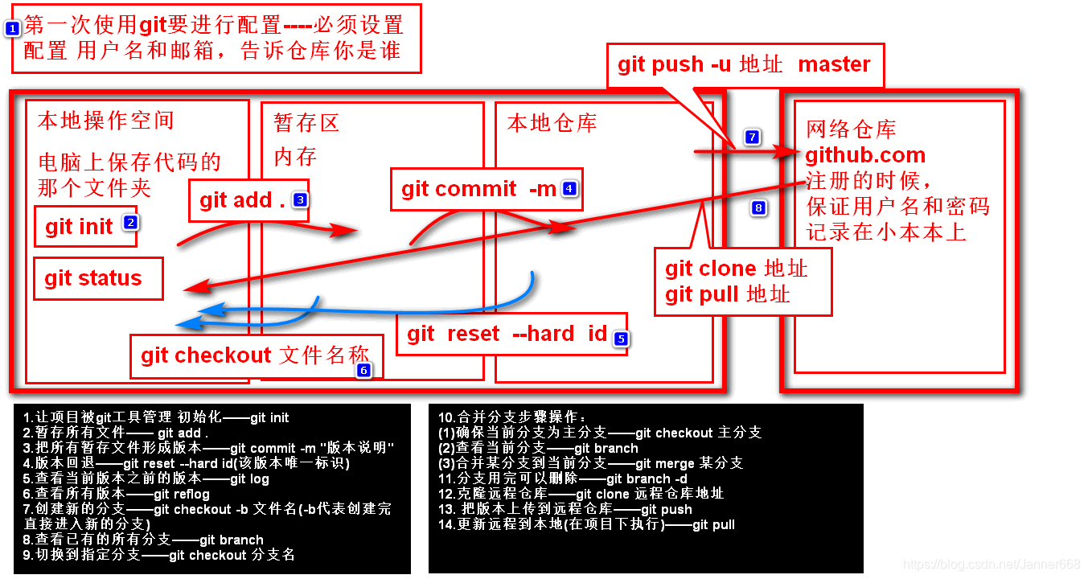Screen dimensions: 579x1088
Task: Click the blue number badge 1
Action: tap(12, 28)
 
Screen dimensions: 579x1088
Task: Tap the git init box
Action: tap(85, 227)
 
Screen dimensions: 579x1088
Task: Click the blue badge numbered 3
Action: tap(300, 199)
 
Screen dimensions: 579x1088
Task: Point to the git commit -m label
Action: tap(478, 189)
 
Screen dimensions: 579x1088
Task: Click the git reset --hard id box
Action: tap(511, 334)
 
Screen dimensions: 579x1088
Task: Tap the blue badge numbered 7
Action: tap(752, 138)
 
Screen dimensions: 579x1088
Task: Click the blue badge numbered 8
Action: tap(758, 208)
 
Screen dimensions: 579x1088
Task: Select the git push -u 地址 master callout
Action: tap(744, 65)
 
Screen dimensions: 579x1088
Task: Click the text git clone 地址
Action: tap(736, 269)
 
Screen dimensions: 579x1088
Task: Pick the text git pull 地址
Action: tap(727, 294)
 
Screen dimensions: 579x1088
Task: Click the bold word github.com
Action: tap(865, 156)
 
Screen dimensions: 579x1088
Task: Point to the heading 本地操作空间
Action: tap(105, 121)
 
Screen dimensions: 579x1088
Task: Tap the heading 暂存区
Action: tap(306, 123)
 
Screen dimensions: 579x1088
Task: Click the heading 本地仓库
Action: tap(552, 123)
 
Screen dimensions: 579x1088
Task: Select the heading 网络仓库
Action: tap(851, 129)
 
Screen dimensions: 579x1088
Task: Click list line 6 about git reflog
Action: tap(117, 494)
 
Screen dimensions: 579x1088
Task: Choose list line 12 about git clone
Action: tap(581, 494)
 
